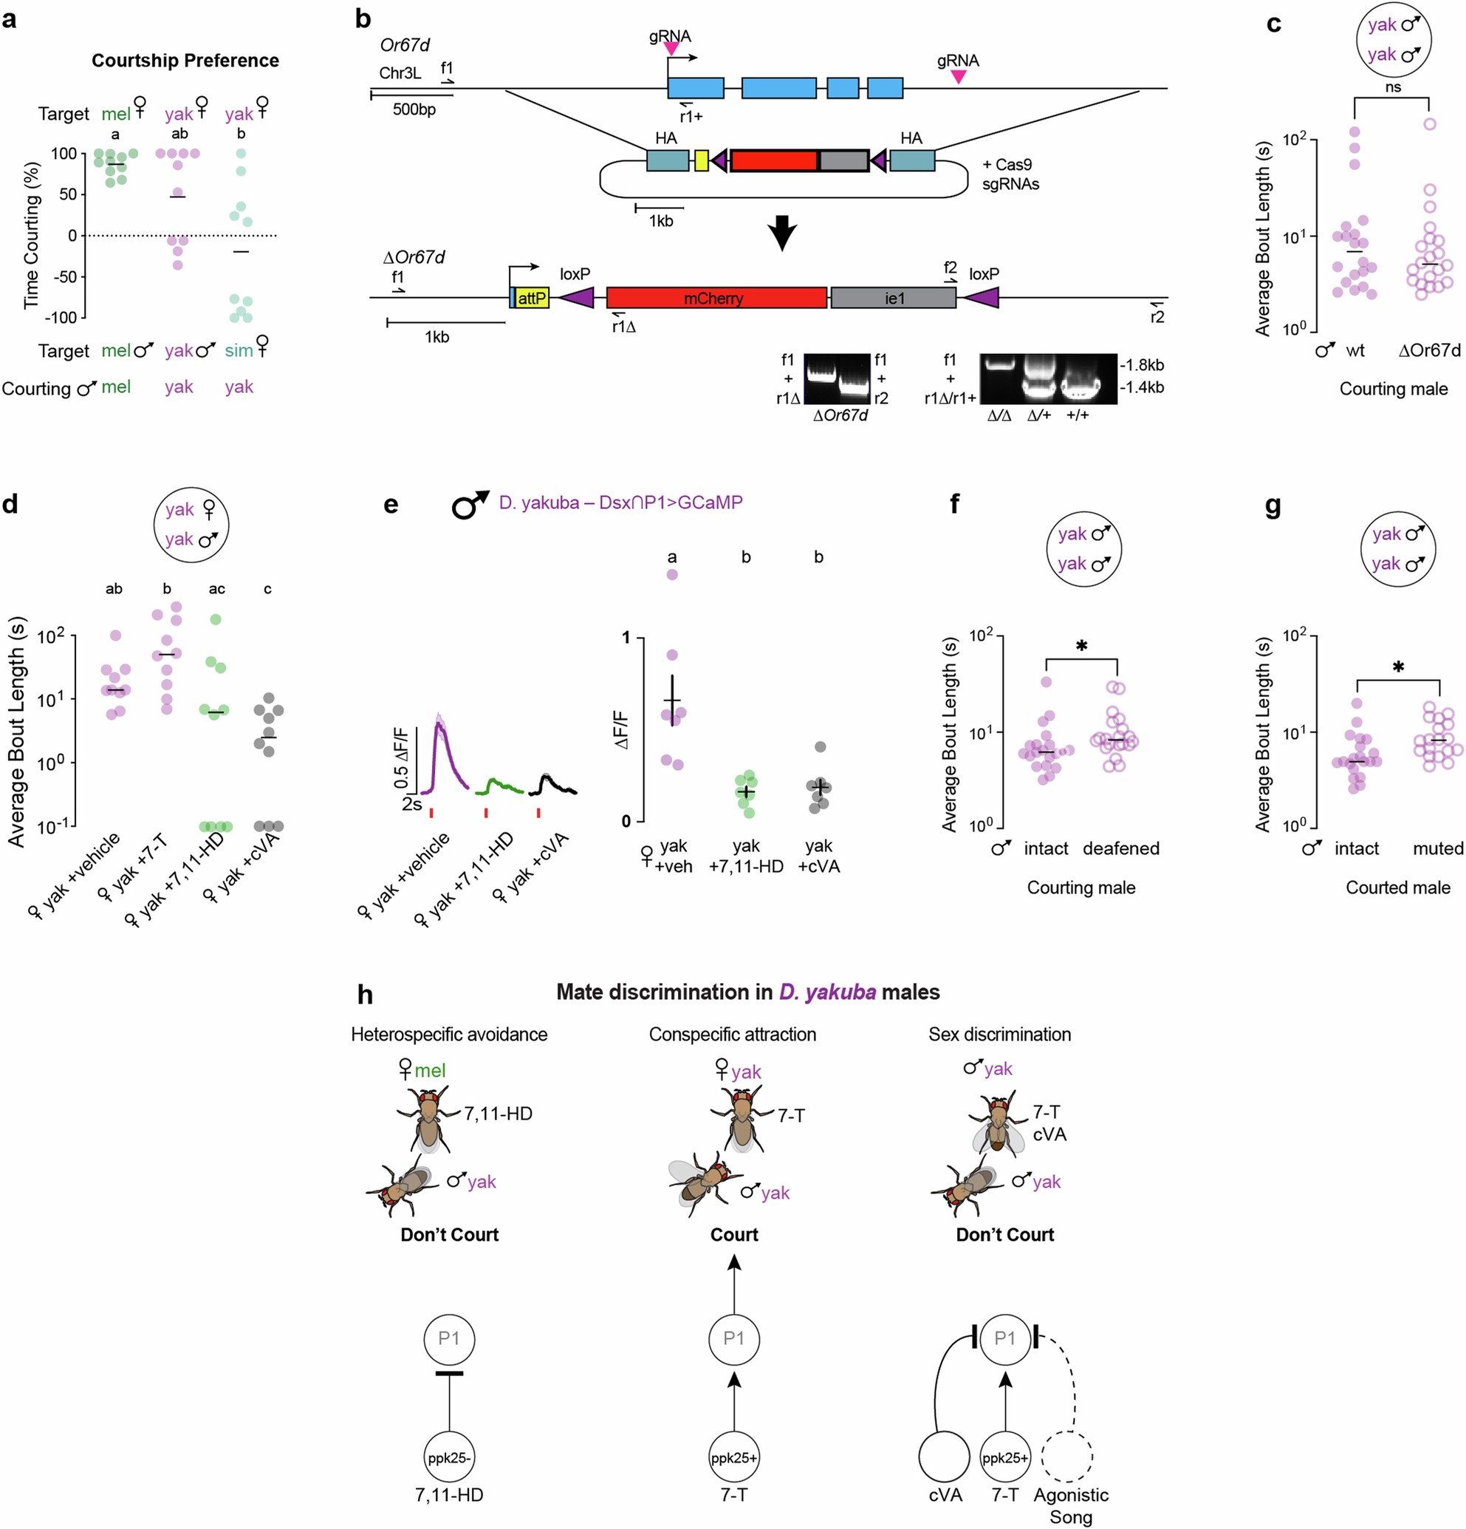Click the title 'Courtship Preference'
coord(185,61)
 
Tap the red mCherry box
coord(716,298)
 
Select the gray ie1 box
coord(893,298)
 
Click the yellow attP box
coord(532,298)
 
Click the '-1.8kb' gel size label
coord(1142,365)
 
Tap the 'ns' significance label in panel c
coord(1393,87)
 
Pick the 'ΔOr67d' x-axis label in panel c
coord(1428,351)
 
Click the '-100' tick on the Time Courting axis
coord(62,318)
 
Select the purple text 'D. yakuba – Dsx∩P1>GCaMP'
coord(620,503)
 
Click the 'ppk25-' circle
coord(449,1457)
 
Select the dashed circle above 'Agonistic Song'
coord(1067,1457)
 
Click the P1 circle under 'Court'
coord(734,1339)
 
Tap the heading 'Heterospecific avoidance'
coord(449,1035)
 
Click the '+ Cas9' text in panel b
coord(1007,165)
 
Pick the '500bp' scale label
coord(414,110)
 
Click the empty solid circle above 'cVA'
coord(945,1457)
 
